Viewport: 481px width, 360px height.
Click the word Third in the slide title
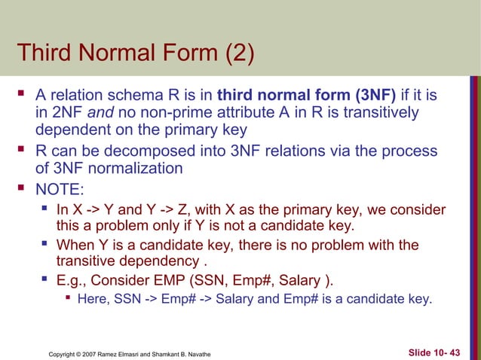pyautogui.click(x=46, y=53)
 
